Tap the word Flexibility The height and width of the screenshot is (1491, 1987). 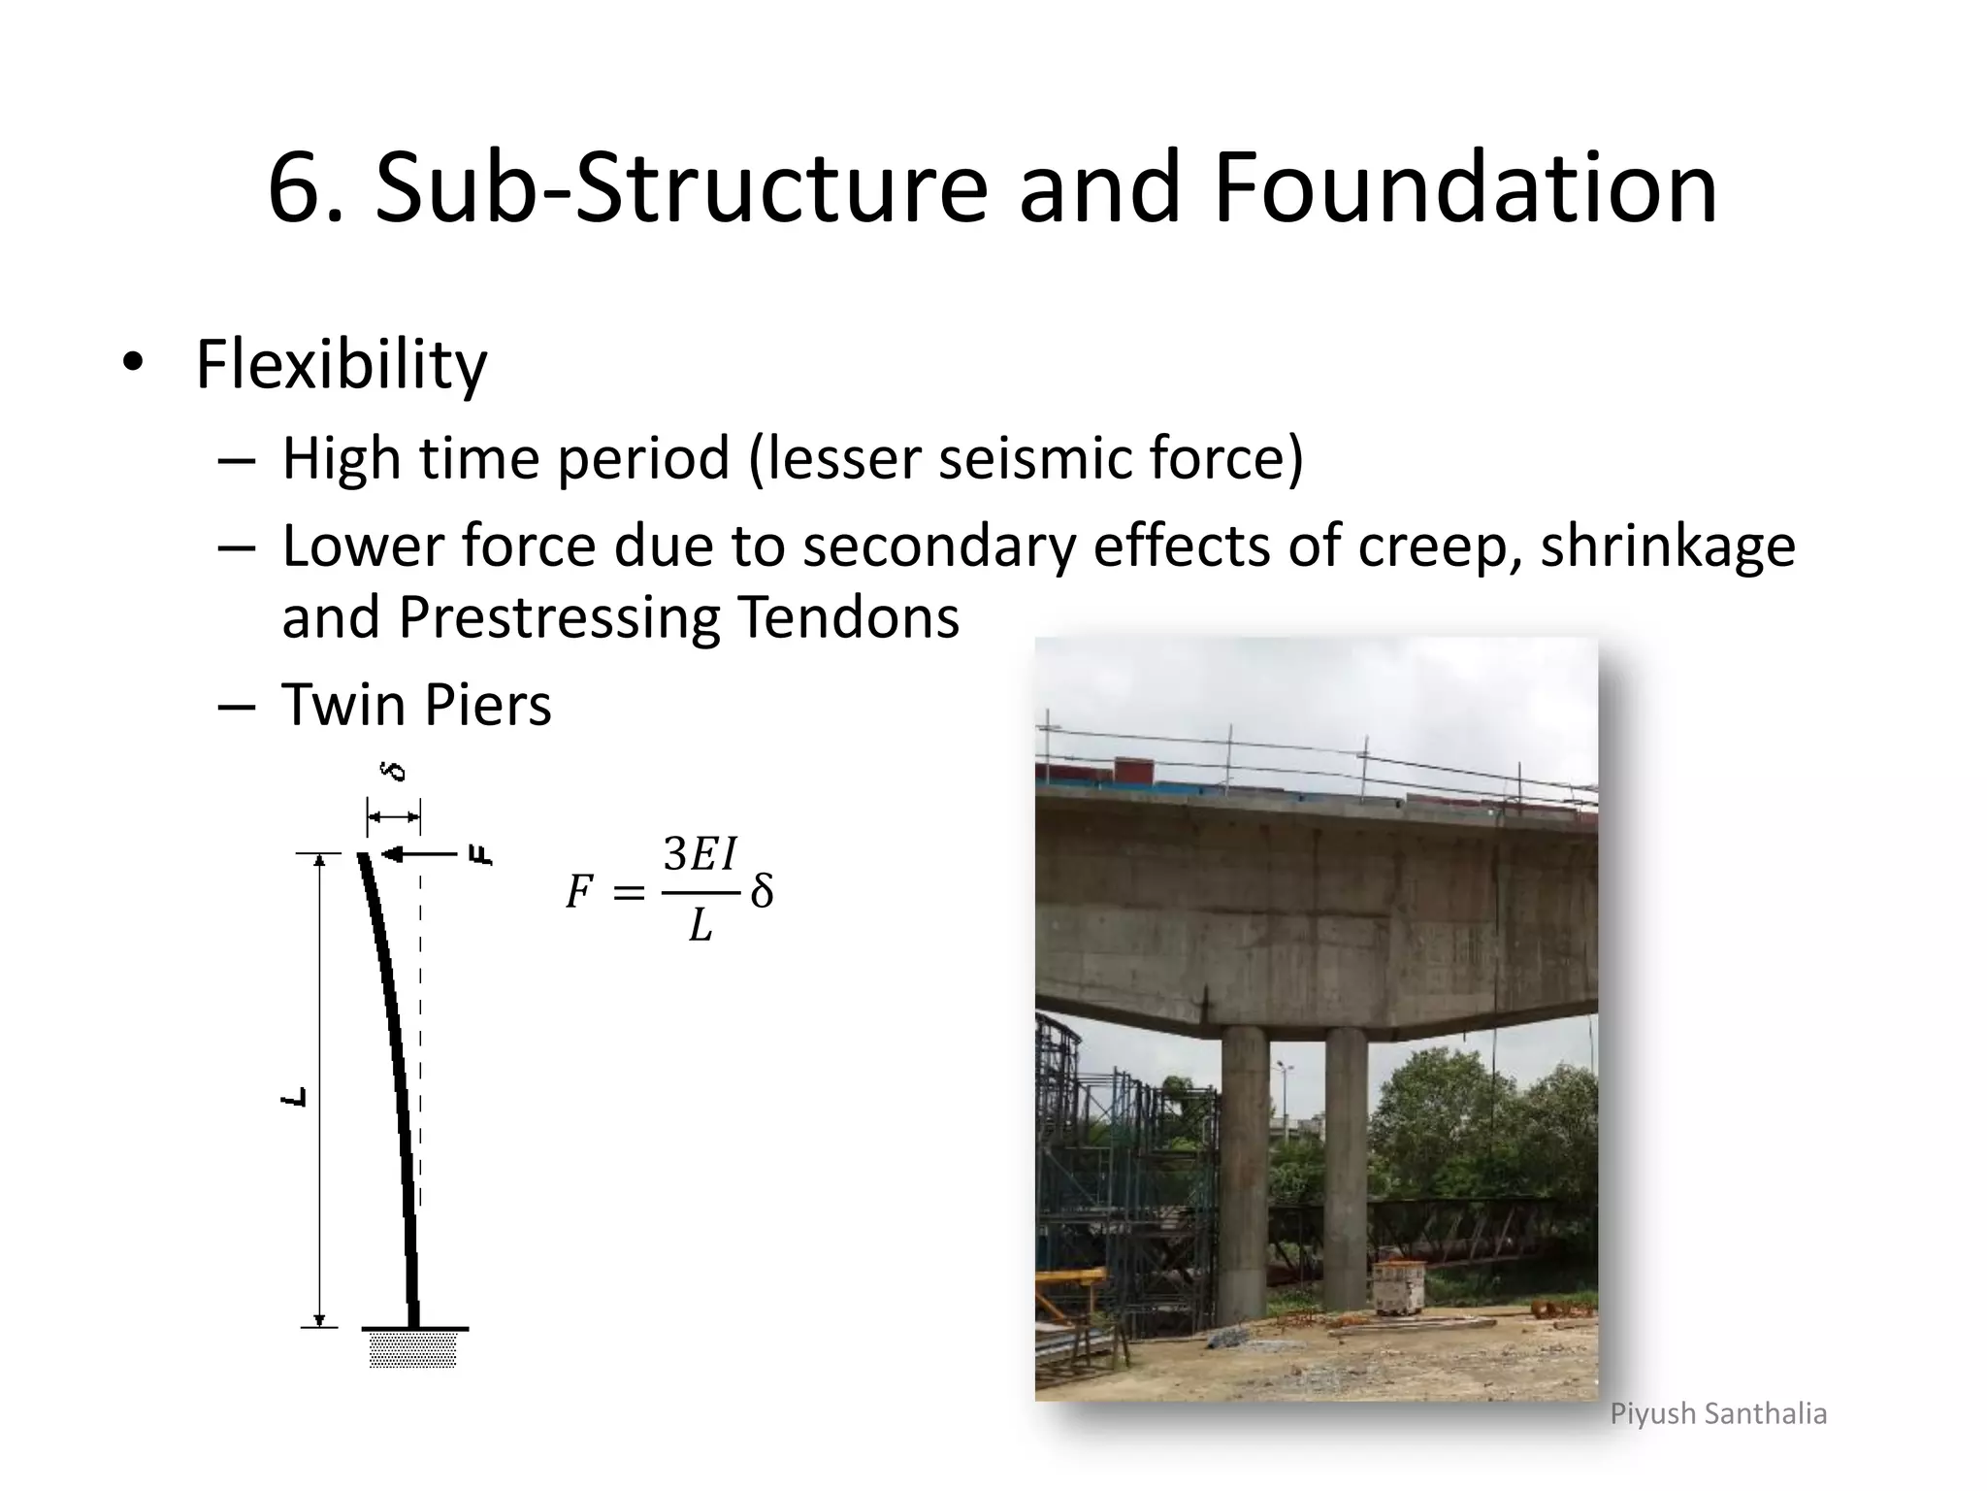pyautogui.click(x=341, y=365)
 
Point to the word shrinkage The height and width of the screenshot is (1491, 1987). pyautogui.click(x=1667, y=546)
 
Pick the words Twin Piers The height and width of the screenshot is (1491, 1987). pyautogui.click(x=416, y=705)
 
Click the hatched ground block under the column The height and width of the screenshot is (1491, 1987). pyautogui.click(x=412, y=1349)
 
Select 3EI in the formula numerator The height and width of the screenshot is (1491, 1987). pyautogui.click(x=700, y=855)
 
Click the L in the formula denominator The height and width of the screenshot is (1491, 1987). pyautogui.click(x=700, y=928)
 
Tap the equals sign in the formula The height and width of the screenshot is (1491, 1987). pyautogui.click(x=629, y=892)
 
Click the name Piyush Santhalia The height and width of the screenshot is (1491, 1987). pyautogui.click(x=1718, y=1413)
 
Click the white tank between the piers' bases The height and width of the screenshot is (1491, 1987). pyautogui.click(x=1399, y=1287)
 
